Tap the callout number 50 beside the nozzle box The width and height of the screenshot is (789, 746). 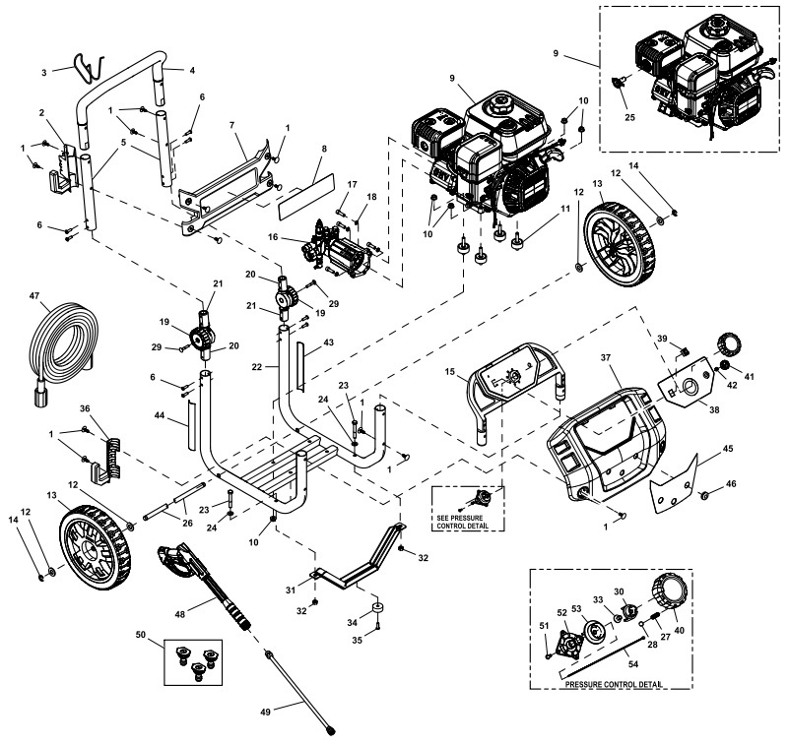click(141, 637)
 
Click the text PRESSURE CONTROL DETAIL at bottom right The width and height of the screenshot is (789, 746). click(611, 684)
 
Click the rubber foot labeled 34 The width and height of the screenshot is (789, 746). click(377, 606)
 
